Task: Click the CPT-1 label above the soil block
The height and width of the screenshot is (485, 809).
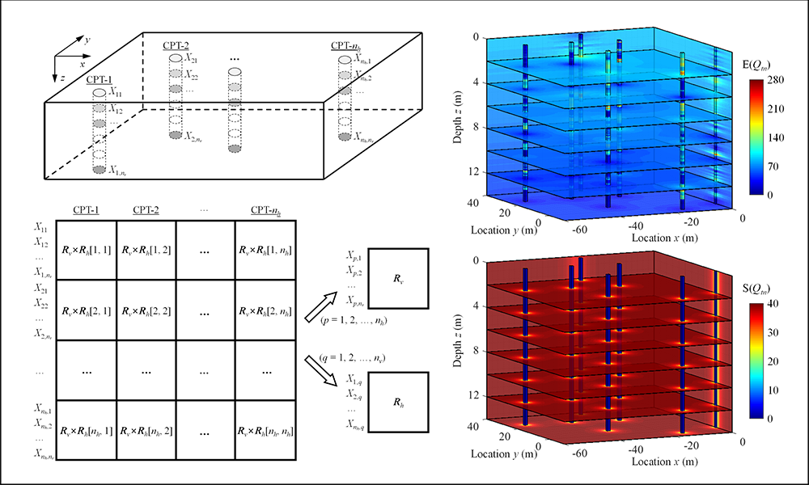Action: click(x=98, y=79)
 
